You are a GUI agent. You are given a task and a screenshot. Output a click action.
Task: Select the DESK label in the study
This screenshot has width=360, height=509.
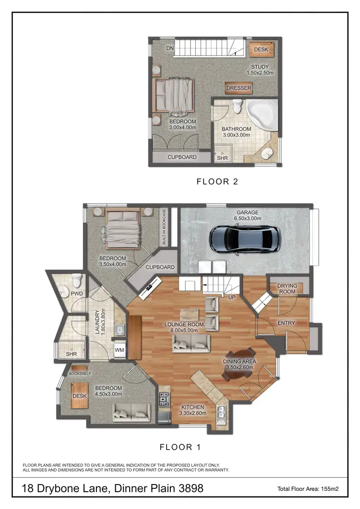(261, 49)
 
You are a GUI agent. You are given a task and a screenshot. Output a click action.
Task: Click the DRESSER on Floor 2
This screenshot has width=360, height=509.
(239, 88)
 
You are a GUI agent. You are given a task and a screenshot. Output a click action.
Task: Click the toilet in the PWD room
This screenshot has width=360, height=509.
(76, 281)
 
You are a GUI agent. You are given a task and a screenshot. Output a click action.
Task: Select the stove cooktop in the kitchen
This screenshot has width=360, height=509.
(164, 398)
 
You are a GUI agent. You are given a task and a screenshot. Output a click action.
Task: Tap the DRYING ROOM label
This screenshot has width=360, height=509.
(287, 289)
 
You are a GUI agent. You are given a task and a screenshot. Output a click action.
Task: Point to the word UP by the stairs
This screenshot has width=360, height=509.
(232, 297)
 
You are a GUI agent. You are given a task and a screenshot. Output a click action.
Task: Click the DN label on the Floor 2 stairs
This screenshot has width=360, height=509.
(169, 48)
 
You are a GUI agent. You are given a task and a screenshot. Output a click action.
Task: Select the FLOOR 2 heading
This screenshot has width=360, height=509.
(217, 181)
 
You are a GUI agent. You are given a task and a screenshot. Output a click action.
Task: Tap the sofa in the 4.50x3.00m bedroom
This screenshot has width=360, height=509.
(132, 412)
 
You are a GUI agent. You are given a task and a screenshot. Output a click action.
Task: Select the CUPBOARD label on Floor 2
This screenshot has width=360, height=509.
(181, 157)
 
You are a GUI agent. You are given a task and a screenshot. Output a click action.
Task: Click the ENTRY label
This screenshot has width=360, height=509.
(286, 323)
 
